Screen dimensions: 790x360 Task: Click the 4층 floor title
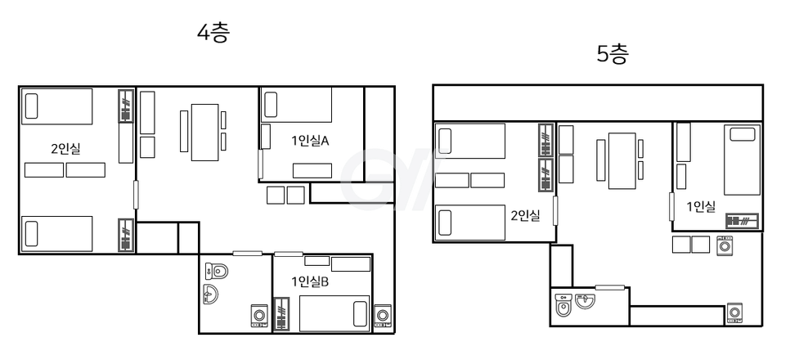tap(213, 33)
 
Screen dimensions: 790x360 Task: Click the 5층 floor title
tap(613, 54)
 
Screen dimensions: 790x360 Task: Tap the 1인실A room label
tap(310, 141)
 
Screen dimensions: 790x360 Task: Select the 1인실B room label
tap(310, 281)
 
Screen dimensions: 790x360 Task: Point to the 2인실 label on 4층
tap(65, 149)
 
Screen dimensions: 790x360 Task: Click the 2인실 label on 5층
tap(525, 216)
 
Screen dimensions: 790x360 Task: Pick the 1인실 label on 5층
tap(701, 206)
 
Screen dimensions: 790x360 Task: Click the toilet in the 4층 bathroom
tap(217, 272)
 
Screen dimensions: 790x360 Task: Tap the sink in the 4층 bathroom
tap(211, 294)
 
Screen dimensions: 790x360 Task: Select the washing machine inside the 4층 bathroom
tap(259, 316)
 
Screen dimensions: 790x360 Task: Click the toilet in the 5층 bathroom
tap(563, 305)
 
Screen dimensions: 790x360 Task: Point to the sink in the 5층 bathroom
tap(586, 300)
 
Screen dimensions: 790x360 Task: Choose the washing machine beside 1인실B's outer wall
tap(383, 316)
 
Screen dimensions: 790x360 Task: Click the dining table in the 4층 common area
tap(204, 132)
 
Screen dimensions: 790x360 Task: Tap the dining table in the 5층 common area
tap(622, 160)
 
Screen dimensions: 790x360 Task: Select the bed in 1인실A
tap(296, 105)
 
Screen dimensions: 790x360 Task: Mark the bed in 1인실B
tap(334, 313)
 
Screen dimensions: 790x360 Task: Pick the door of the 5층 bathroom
tap(609, 287)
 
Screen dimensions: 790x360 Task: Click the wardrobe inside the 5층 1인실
tap(742, 221)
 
